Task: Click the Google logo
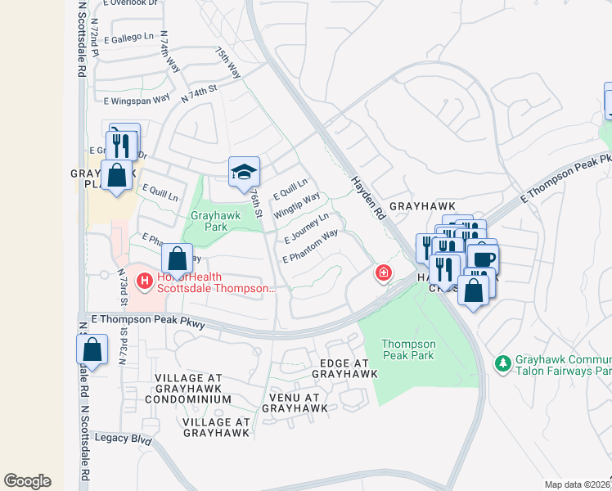point(27,480)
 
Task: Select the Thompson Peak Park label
point(410,349)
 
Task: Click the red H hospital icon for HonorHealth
point(145,282)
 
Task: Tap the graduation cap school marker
point(244,172)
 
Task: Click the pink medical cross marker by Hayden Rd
point(383,273)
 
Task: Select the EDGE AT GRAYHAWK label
point(344,368)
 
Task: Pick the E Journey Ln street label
point(307,228)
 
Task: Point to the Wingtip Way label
point(297,205)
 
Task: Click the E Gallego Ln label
point(128,37)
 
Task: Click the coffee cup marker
point(482,259)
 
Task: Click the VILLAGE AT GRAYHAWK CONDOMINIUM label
point(188,389)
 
